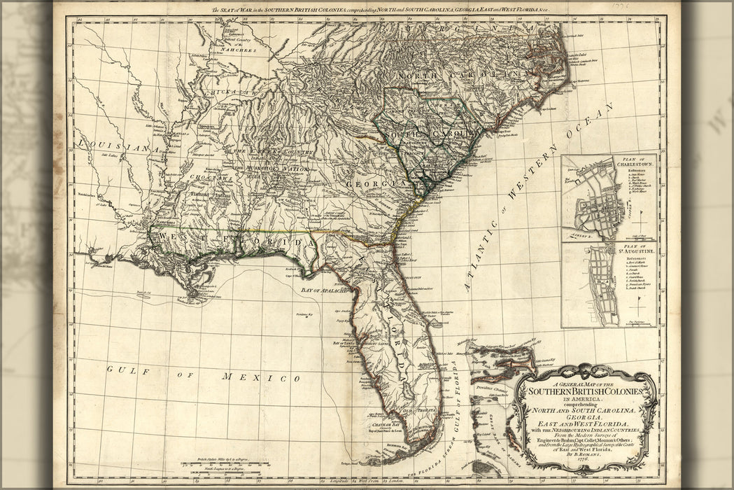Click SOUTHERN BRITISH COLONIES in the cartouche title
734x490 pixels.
coord(585,393)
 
